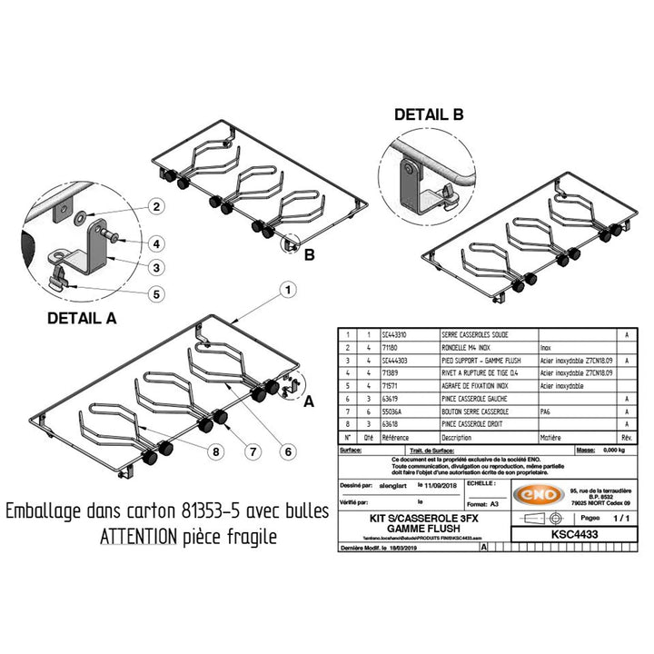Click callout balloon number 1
pyautogui.click(x=287, y=291)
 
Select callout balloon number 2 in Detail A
pyautogui.click(x=156, y=207)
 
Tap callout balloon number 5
pyautogui.click(x=156, y=293)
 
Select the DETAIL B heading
pyautogui.click(x=429, y=115)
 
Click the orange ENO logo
pyautogui.click(x=538, y=497)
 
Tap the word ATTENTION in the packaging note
pyautogui.click(x=137, y=536)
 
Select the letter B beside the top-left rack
pyautogui.click(x=310, y=255)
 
